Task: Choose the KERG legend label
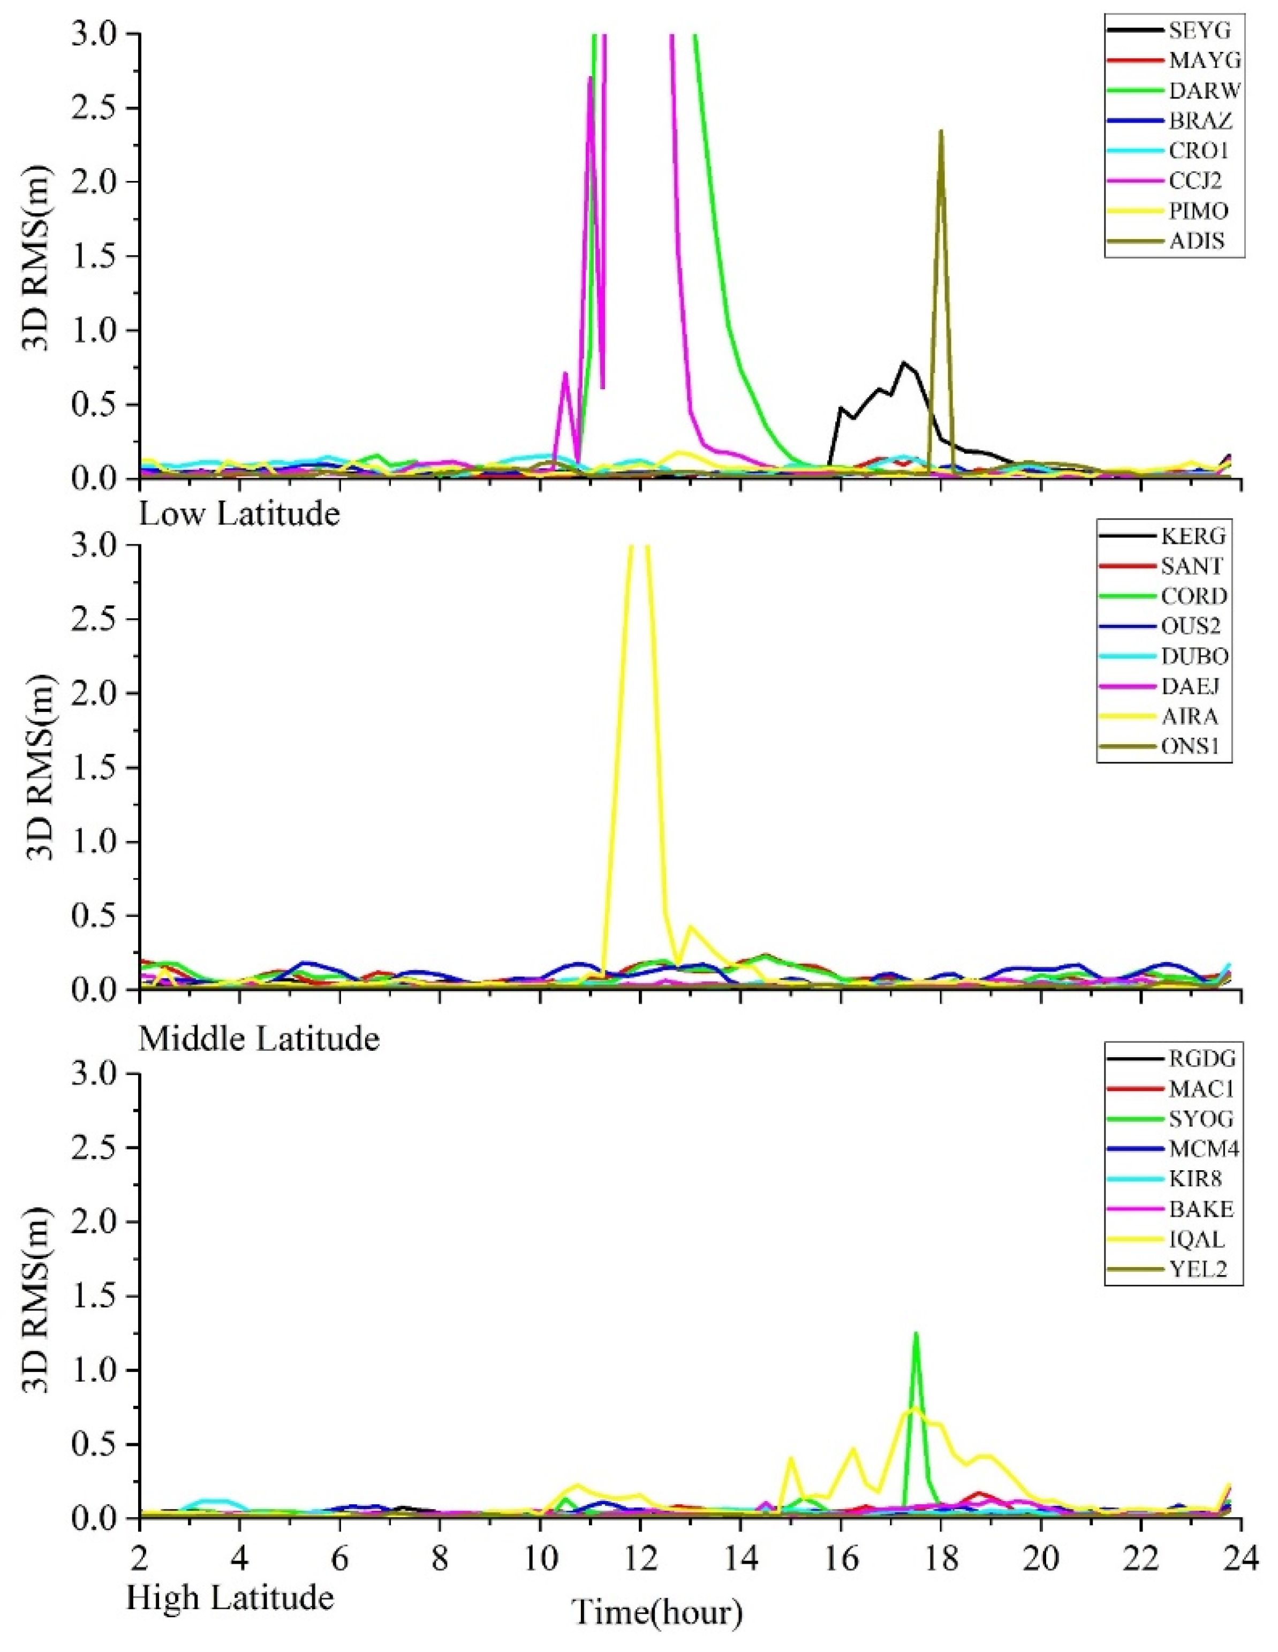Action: point(1193,536)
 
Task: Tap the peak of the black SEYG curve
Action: point(903,363)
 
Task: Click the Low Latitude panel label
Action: point(239,514)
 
